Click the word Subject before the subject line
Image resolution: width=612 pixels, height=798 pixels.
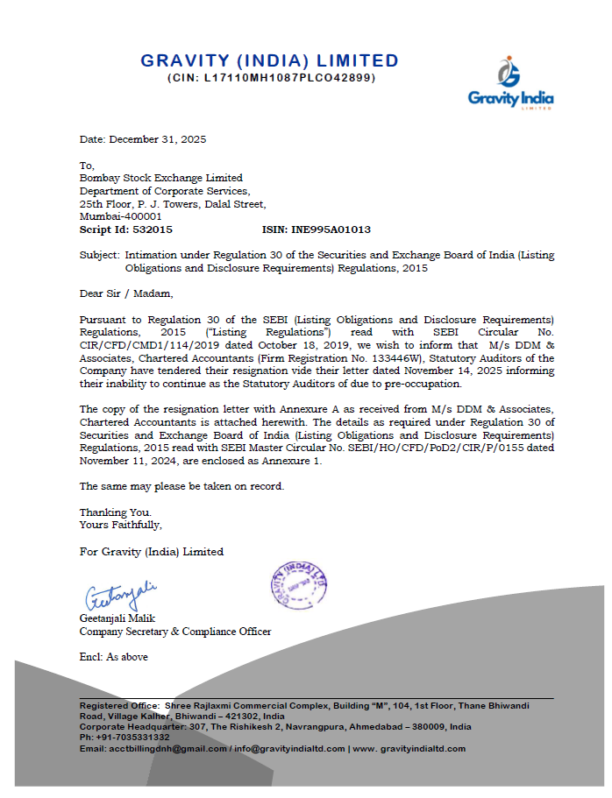pos(98,255)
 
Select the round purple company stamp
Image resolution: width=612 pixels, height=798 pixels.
pos(296,582)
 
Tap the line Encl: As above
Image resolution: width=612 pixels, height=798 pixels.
pos(113,657)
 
